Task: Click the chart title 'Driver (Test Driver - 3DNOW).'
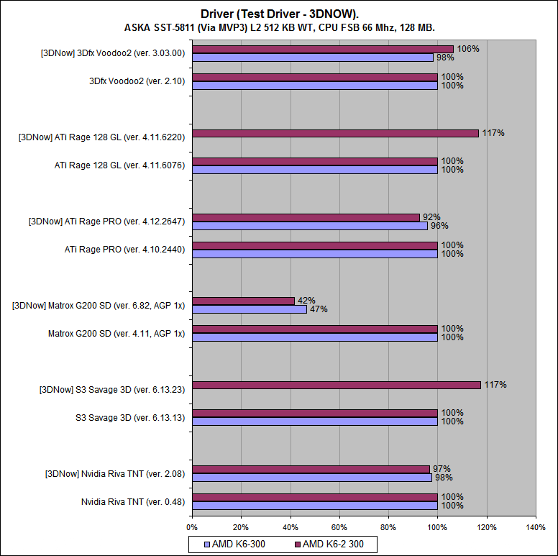[x=279, y=14]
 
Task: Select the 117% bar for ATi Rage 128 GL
[x=335, y=134]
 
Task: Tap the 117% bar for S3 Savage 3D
[x=337, y=386]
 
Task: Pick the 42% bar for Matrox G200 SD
[x=244, y=301]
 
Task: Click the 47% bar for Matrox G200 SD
[x=250, y=309]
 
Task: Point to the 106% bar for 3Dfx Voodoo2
[x=323, y=49]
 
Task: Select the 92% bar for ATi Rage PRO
[x=306, y=217]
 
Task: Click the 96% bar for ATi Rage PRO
[x=310, y=226]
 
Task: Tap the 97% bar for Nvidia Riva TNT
[x=311, y=469]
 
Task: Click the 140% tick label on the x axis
[x=536, y=528]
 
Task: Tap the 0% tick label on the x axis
[x=192, y=528]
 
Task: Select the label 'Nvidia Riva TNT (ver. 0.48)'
[x=133, y=501]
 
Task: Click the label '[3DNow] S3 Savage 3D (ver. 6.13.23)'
[x=111, y=390]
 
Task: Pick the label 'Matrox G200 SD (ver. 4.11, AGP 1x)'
[x=116, y=333]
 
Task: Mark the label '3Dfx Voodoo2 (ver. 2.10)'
[x=137, y=81]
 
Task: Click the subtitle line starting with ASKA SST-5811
[x=279, y=28]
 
